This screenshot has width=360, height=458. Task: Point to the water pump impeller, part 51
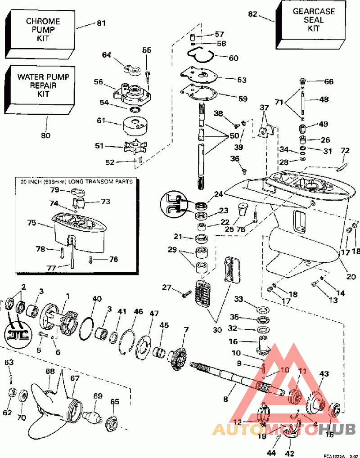pyautogui.click(x=135, y=147)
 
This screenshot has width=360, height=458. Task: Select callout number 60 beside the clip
pyautogui.click(x=234, y=58)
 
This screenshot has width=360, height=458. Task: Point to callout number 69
pyautogui.click(x=98, y=396)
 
